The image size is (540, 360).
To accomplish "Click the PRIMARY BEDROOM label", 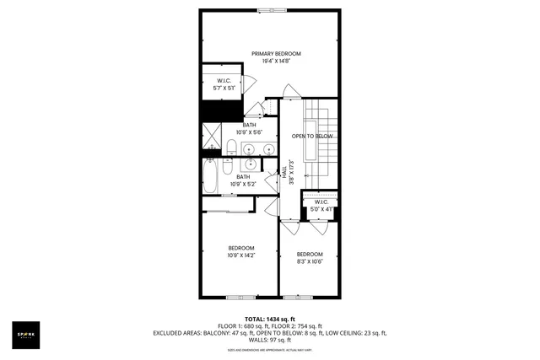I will (x=276, y=53).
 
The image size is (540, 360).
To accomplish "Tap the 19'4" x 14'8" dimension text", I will (x=276, y=61).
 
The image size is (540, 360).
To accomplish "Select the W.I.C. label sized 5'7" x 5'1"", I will (x=224, y=82).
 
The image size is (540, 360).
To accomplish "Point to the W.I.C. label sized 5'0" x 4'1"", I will (x=321, y=202).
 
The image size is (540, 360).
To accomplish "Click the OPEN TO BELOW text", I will (x=313, y=136).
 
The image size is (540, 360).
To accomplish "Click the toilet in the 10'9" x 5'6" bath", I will (x=229, y=149).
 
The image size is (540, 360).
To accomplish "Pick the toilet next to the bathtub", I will (x=232, y=169).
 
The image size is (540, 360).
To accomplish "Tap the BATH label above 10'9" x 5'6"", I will (x=250, y=125).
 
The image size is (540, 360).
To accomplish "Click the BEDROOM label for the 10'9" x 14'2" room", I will (x=240, y=247).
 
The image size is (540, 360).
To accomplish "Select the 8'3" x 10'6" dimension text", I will (x=310, y=261).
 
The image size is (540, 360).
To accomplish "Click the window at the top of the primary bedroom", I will (x=271, y=10).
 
